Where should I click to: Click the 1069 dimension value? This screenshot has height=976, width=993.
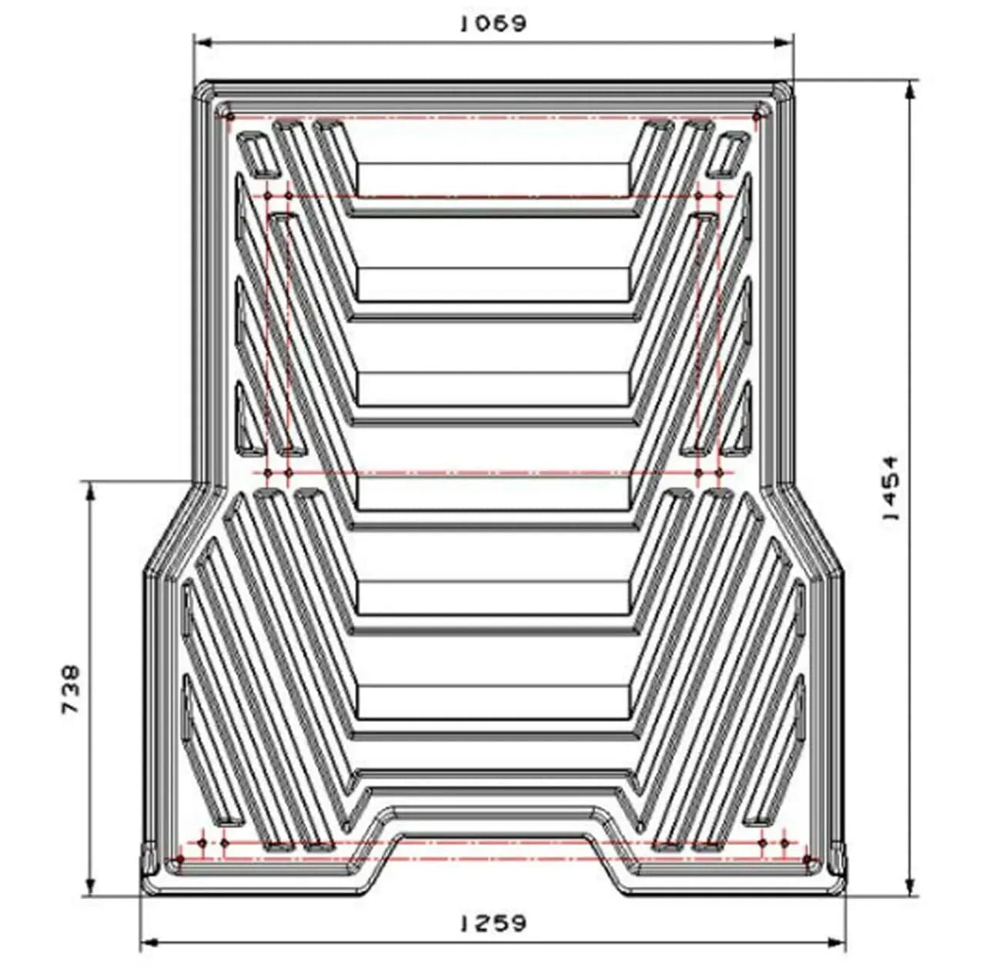click(493, 24)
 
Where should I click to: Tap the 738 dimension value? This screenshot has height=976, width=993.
click(71, 689)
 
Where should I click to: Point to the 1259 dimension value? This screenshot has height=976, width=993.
click(493, 922)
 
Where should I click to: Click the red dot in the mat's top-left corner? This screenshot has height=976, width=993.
click(229, 117)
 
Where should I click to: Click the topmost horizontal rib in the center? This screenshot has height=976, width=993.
click(493, 179)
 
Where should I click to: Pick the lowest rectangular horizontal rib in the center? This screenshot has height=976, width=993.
click(493, 701)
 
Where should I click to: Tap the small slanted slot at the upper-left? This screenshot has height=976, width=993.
click(256, 153)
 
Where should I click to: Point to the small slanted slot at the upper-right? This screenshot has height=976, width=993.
click(728, 153)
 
